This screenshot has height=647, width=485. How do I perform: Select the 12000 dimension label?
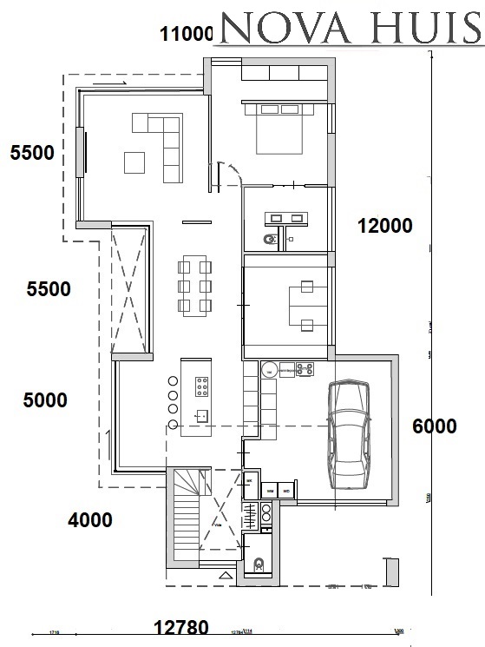(x=384, y=226)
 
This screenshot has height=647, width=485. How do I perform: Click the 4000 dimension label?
(x=90, y=520)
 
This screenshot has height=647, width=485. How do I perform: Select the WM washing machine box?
(x=270, y=492)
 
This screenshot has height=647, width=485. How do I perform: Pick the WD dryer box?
(x=287, y=492)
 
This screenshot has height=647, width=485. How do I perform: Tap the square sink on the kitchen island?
(x=201, y=416)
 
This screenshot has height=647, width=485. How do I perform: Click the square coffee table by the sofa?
(x=134, y=162)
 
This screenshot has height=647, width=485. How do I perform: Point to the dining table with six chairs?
(x=195, y=285)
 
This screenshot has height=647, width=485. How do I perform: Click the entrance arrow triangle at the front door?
(x=226, y=576)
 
